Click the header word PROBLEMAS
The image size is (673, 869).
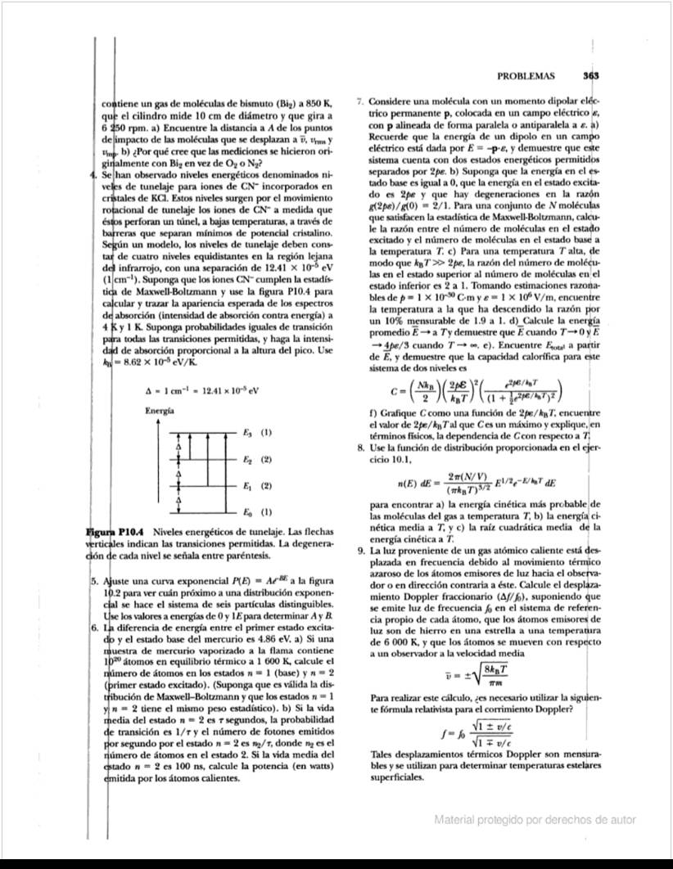[x=526, y=76]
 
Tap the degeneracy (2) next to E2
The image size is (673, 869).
[x=266, y=459]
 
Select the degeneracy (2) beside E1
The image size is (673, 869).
[x=266, y=486]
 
